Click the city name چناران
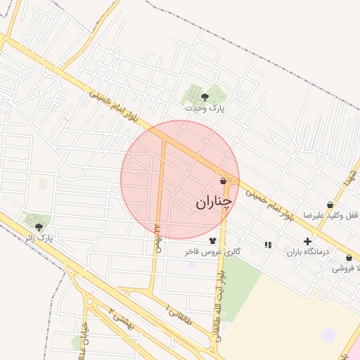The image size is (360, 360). coord(213,202)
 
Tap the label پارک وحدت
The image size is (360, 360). coord(205,108)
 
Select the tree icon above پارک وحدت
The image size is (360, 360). coord(205,97)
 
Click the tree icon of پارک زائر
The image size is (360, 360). coord(38,226)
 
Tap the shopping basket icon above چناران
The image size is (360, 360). coord(223,181)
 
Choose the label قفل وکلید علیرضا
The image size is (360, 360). coord(330,215)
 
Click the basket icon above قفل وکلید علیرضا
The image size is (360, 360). coord(330,205)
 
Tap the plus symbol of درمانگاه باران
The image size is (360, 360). coord(307,241)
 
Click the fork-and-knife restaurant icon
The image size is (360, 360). coord(267,245)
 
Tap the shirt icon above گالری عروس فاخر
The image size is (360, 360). coord(212,240)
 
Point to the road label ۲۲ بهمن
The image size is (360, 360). coord(159,239)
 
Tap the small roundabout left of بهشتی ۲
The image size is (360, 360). coord(90,302)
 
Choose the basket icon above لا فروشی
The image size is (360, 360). coord(349,258)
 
